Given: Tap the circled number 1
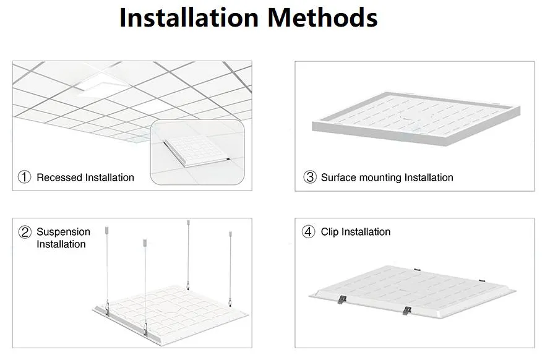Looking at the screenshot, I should pos(24,178).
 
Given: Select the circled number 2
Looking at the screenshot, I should pos(25,232).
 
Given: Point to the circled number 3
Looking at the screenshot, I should pos(309,178).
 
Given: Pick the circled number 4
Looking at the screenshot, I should pos(309,232).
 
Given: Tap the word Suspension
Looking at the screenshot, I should pos(63,232).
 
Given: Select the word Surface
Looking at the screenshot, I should pos(338,178).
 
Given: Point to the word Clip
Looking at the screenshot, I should pos(330,232).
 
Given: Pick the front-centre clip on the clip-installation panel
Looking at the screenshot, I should pos(406,309).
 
